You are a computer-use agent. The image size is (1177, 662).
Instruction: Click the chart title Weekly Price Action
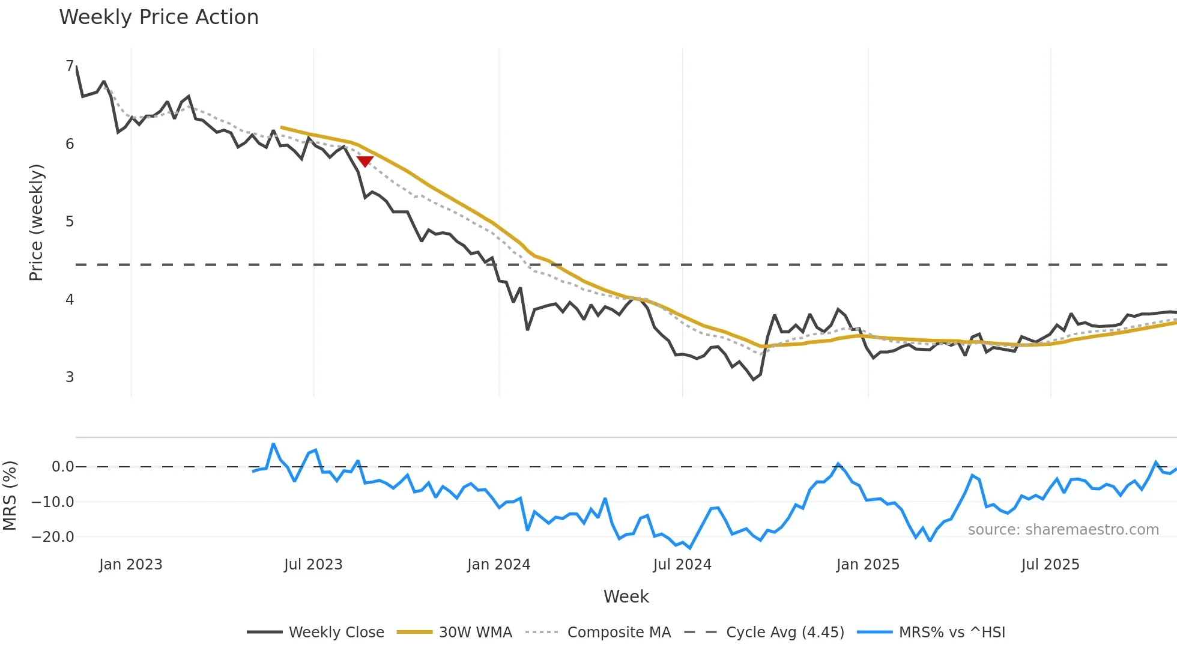coord(159,17)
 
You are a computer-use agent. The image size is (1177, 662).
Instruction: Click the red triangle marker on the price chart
coord(365,161)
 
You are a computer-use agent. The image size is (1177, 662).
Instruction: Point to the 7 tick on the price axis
coord(70,66)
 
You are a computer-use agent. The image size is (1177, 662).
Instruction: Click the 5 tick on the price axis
coord(70,222)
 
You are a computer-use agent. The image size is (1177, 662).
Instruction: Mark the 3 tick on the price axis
coord(70,377)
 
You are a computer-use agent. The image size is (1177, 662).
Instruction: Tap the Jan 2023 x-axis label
coord(131,565)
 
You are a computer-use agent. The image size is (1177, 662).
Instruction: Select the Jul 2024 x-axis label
coord(682,565)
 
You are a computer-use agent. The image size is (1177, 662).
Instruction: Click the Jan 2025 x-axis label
coord(868,565)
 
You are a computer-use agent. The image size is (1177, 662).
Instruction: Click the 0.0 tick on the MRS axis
coord(62,467)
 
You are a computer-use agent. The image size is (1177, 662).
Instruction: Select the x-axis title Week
coord(626,597)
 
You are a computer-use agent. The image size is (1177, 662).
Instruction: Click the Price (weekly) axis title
coord(36,222)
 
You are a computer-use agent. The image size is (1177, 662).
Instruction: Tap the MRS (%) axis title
coord(10,496)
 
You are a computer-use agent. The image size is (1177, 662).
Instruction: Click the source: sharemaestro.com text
coord(1063,530)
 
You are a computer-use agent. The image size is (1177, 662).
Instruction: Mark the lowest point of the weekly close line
coord(754,380)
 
